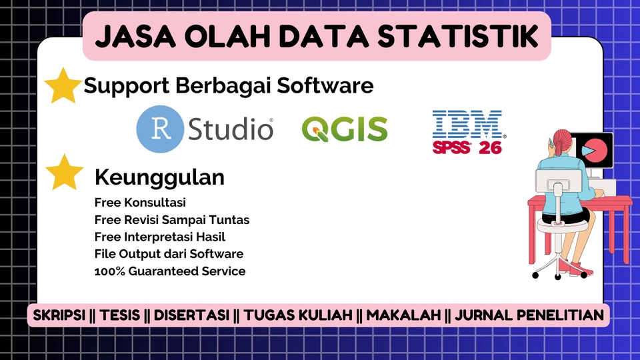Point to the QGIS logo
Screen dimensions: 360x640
click(x=344, y=129)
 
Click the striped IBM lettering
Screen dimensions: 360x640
click(x=467, y=125)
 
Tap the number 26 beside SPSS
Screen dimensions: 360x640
click(x=490, y=147)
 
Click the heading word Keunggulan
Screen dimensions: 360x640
click(x=159, y=177)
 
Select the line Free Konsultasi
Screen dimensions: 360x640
click(x=140, y=202)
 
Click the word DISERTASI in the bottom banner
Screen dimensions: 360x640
click(x=193, y=315)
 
